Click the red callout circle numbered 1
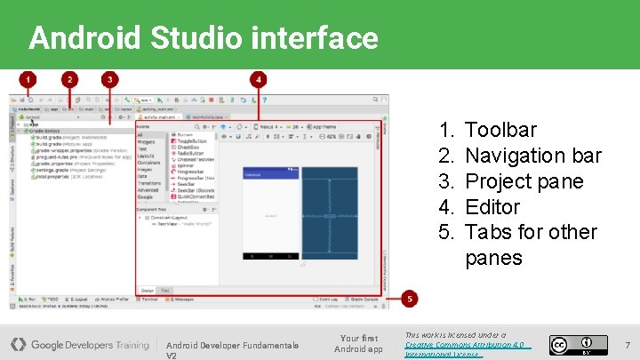28,79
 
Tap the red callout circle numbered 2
69,79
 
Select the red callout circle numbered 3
109,79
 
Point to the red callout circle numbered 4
259,79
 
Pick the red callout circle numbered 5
410,300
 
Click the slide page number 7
628,344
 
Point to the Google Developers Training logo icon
18,344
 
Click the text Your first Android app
358,343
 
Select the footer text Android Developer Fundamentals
232,345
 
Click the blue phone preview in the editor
271,213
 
